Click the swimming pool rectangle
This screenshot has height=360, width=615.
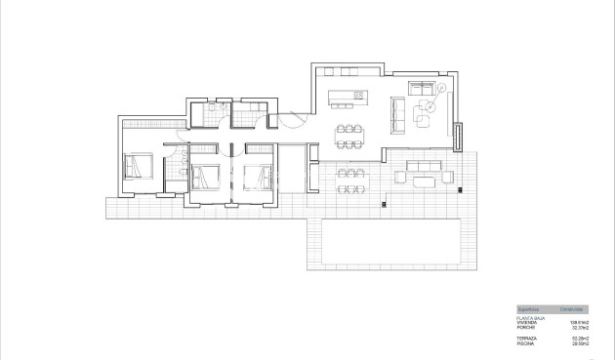(389, 243)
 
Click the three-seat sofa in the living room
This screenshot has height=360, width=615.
(395, 115)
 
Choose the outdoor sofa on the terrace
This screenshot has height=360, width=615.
(425, 165)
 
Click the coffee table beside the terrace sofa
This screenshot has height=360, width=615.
(424, 180)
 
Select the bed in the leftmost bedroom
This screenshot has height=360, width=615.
(138, 169)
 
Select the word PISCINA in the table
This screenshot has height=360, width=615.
(526, 343)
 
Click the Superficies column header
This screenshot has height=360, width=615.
(530, 307)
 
